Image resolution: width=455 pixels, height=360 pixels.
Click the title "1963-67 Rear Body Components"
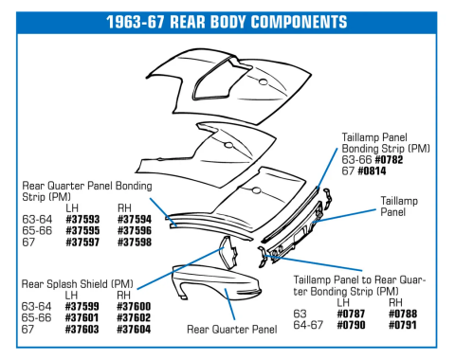(227, 22)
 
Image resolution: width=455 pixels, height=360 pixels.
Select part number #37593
(82, 219)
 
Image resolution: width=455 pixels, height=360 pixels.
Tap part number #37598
(135, 243)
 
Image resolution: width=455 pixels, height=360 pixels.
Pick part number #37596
(135, 230)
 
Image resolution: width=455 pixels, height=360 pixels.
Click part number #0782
(389, 160)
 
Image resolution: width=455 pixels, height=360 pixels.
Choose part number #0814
(372, 171)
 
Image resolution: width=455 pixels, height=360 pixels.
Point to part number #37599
(82, 306)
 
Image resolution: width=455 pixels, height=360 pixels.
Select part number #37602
(134, 317)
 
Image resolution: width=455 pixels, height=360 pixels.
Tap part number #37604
(134, 330)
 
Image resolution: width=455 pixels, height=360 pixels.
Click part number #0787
(351, 314)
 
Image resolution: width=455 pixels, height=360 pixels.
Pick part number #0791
(403, 325)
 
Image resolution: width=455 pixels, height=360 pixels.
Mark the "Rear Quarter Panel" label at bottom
(232, 330)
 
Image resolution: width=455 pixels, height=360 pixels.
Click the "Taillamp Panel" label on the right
(399, 207)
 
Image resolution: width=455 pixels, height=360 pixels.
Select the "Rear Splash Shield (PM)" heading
(77, 284)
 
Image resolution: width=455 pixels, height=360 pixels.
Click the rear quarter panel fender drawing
(216, 282)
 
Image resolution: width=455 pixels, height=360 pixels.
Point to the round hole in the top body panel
(264, 82)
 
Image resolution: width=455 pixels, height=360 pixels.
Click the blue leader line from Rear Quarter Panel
(229, 304)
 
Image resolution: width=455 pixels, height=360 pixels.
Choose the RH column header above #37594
(124, 208)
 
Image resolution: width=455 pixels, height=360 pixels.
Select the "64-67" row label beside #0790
(308, 325)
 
